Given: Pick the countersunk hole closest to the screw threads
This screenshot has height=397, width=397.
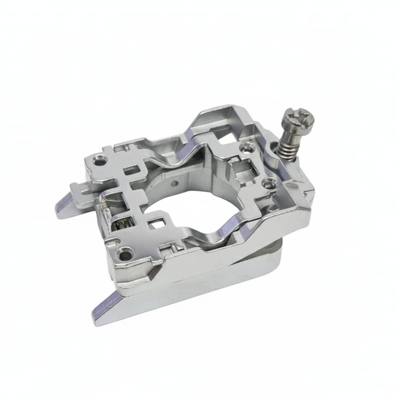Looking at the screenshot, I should click(x=245, y=147).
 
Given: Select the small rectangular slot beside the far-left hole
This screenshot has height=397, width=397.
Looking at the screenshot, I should click(x=130, y=169).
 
